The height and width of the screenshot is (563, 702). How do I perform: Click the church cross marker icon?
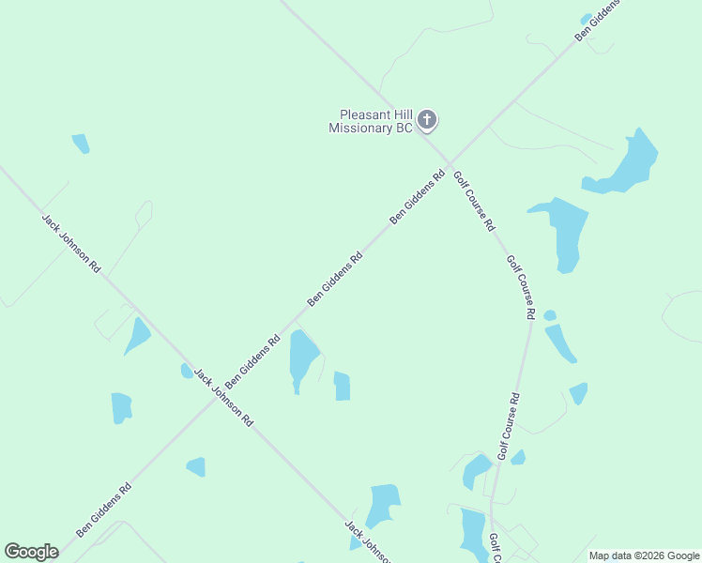pos(427,119)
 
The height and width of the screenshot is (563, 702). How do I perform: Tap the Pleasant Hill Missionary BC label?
pos(371,121)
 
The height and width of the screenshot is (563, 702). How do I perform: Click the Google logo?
pos(31,552)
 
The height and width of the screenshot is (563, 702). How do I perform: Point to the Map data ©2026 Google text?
pos(643,555)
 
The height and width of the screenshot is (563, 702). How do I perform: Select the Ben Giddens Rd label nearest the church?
pos(418,196)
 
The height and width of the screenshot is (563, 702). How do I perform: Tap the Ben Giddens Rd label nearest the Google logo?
pos(103,510)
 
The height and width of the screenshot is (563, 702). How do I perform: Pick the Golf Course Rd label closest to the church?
pos(474,201)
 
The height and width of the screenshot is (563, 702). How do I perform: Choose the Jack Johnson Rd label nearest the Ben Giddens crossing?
pos(223,398)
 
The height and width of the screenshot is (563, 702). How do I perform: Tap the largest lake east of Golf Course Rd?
pos(626,163)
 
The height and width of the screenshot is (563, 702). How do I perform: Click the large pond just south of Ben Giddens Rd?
pos(303,357)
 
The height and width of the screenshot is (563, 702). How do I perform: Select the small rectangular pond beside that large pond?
pos(342,386)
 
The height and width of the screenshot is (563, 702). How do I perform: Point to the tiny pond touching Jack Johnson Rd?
pos(187,371)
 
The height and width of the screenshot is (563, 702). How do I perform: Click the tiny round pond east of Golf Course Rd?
pos(550,315)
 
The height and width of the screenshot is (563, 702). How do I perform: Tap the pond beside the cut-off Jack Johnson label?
pos(384,505)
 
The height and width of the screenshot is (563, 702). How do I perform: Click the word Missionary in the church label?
pos(359,128)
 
